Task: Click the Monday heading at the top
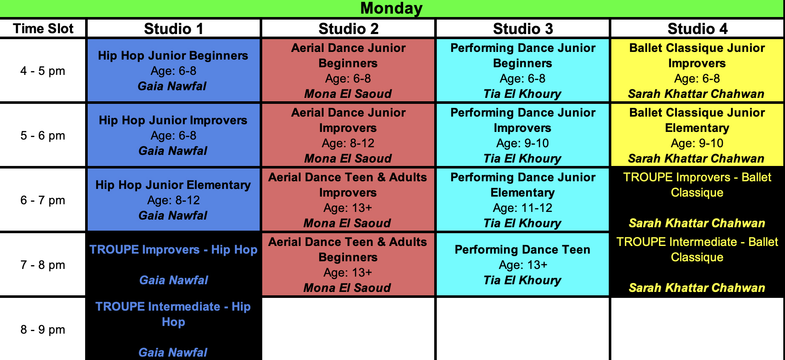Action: [x=391, y=8]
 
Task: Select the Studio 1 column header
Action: [x=174, y=29]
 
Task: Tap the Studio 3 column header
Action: [x=523, y=29]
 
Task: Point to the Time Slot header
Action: [x=43, y=29]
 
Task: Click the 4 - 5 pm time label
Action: [x=43, y=71]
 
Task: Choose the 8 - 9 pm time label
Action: [x=43, y=329]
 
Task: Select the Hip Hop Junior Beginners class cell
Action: [x=174, y=70]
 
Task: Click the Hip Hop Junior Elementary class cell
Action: [x=174, y=200]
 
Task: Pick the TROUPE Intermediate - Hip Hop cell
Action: [x=174, y=329]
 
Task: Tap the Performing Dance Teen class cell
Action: [x=523, y=264]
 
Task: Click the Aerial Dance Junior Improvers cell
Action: [x=348, y=135]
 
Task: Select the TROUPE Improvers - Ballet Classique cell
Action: [x=697, y=200]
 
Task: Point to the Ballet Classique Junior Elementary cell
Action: [x=697, y=135]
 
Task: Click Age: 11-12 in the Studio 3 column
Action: [x=522, y=208]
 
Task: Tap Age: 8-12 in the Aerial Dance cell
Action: [x=348, y=143]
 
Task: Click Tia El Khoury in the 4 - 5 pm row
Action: [x=522, y=94]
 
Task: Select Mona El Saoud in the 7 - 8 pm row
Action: [x=347, y=288]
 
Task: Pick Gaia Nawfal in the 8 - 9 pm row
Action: [x=173, y=352]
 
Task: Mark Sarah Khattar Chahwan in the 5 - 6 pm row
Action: [x=696, y=158]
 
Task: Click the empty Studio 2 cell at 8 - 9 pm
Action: [x=348, y=329]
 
